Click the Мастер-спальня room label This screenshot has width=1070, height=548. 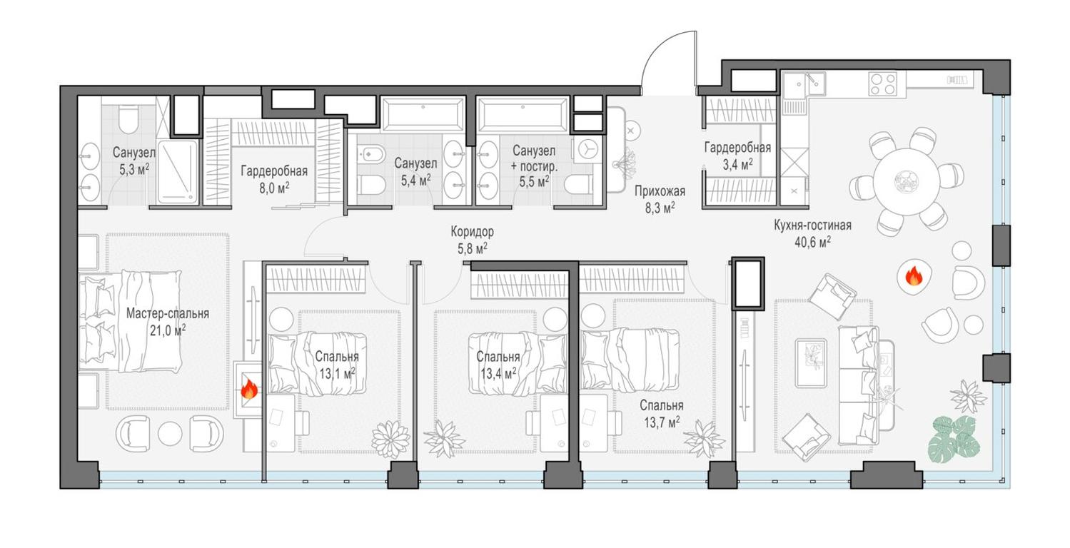pyautogui.click(x=168, y=313)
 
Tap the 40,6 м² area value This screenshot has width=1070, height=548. pyautogui.click(x=812, y=243)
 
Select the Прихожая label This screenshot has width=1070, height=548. pyautogui.click(x=659, y=191)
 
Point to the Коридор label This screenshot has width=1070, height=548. pyautogui.click(x=472, y=232)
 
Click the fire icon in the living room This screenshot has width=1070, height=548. pyautogui.click(x=913, y=275)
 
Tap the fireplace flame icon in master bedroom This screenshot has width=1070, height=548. pyautogui.click(x=249, y=389)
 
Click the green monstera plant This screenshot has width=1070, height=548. pyautogui.click(x=953, y=437)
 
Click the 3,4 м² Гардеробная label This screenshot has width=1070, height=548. pyautogui.click(x=737, y=148)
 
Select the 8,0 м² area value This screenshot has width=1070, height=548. pyautogui.click(x=274, y=187)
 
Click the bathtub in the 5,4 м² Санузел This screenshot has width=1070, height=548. pyautogui.click(x=424, y=114)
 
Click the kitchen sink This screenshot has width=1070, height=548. pyautogui.click(x=794, y=87)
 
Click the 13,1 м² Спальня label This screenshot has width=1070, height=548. pyautogui.click(x=338, y=357)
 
